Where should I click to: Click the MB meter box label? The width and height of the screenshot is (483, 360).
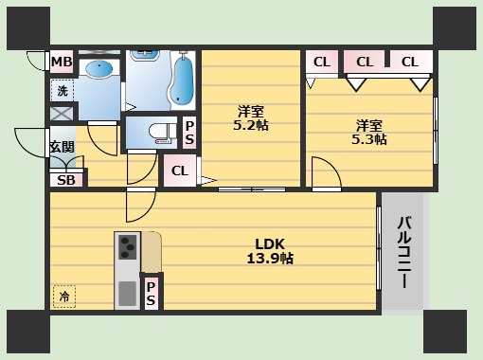pyautogui.click(x=62, y=62)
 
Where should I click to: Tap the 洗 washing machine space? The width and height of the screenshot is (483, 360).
pyautogui.click(x=63, y=91)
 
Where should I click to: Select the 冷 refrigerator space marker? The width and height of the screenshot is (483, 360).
pyautogui.click(x=64, y=297)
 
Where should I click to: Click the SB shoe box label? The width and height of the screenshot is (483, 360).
pyautogui.click(x=66, y=180)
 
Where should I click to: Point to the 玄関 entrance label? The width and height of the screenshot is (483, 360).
pyautogui.click(x=63, y=147)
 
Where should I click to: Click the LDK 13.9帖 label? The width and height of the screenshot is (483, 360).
pyautogui.click(x=270, y=251)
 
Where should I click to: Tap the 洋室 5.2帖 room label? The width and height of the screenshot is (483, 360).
pyautogui.click(x=251, y=118)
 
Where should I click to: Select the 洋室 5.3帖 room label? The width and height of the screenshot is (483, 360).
pyautogui.click(x=369, y=133)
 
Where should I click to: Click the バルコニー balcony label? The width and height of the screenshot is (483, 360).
pyautogui.click(x=404, y=252)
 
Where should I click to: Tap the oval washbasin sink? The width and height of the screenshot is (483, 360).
pyautogui.click(x=99, y=68)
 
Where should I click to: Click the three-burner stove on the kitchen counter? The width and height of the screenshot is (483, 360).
pyautogui.click(x=128, y=247)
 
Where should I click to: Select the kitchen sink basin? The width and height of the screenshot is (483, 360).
pyautogui.click(x=128, y=294)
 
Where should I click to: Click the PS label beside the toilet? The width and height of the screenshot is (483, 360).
pyautogui.click(x=189, y=133)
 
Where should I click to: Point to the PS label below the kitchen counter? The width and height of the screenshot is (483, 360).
pyautogui.click(x=151, y=294)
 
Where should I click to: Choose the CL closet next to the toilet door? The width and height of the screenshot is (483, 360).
pyautogui.click(x=180, y=171)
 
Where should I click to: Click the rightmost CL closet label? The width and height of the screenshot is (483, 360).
pyautogui.click(x=410, y=62)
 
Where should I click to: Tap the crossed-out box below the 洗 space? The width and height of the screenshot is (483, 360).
pyautogui.click(x=63, y=114)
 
